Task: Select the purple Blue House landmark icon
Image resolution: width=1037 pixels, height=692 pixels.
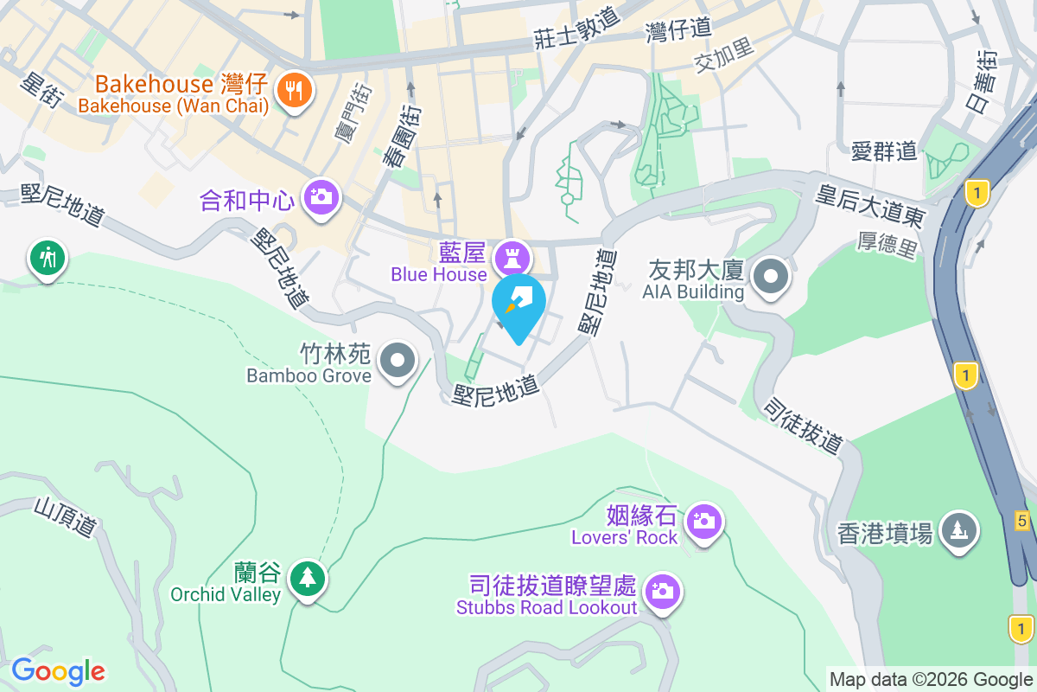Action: pos(512,258)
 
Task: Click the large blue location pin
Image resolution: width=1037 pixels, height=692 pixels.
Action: pos(518,304)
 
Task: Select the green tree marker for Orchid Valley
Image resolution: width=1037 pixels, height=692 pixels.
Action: pos(307,576)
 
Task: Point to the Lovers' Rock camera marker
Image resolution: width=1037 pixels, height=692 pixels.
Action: pos(704,522)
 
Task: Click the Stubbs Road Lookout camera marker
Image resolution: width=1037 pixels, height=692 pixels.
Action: pos(663,592)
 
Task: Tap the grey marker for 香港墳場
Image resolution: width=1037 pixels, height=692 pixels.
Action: pos(957,529)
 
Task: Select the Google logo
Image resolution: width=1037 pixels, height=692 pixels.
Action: pos(59,671)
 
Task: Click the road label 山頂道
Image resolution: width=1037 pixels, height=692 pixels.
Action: pos(66,517)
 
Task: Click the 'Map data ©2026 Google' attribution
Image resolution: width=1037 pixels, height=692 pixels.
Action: pos(932,679)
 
